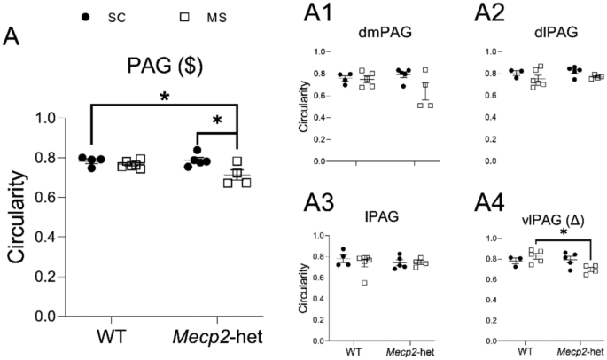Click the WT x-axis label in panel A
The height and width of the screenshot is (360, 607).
[113, 339]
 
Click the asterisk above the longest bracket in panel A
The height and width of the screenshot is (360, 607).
[165, 98]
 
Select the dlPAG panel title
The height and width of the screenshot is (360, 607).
[532, 37]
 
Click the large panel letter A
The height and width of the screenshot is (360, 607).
[13, 36]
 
